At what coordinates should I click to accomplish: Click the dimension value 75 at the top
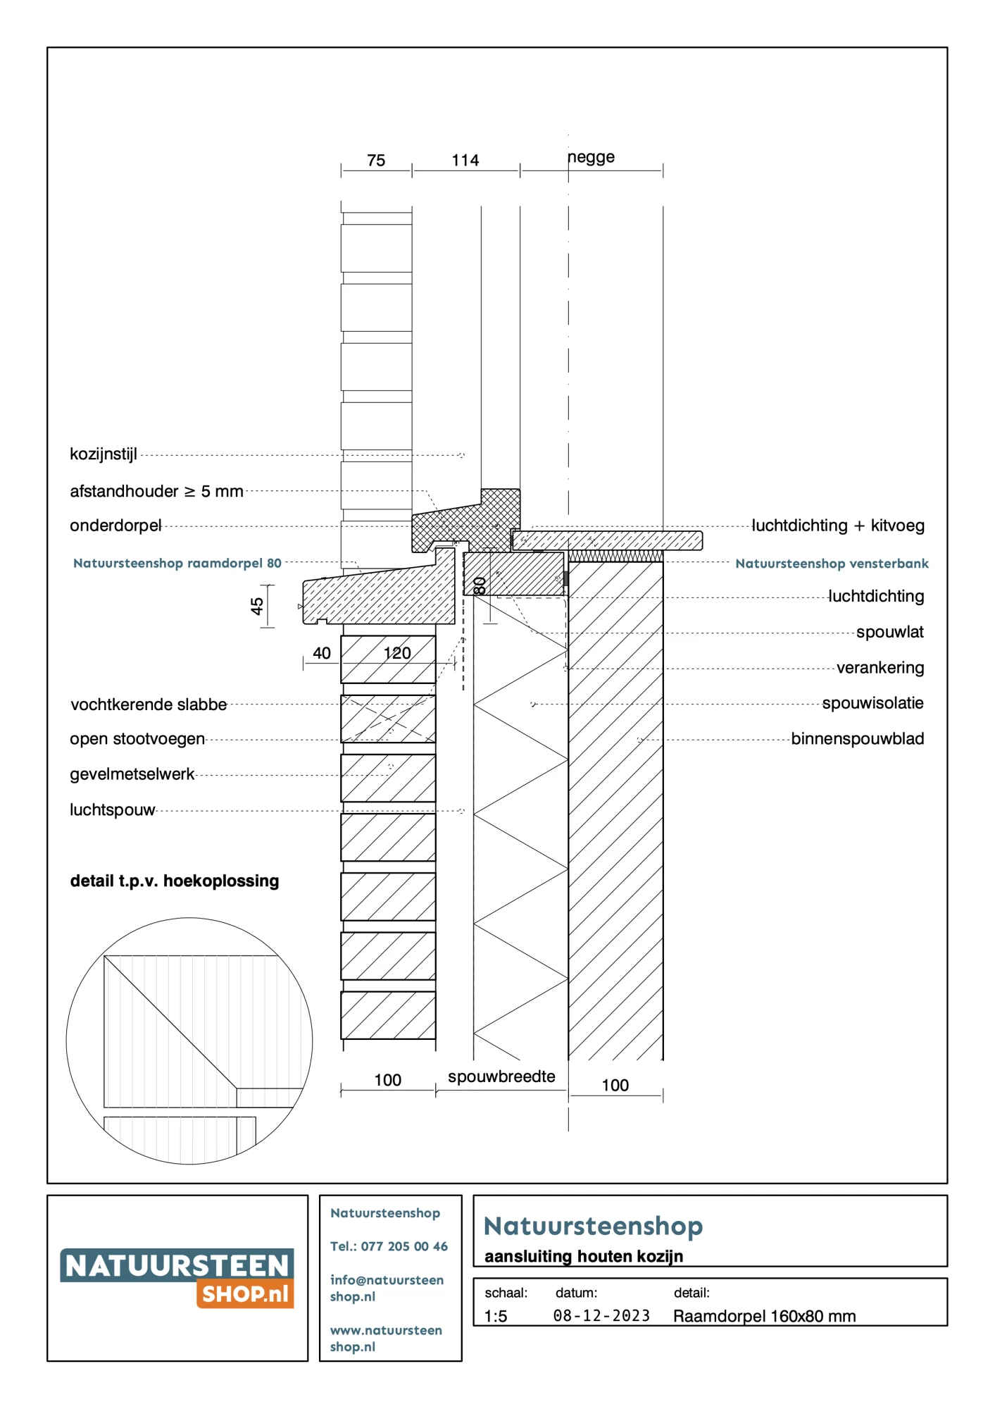(x=376, y=161)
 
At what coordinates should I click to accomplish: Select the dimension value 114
(x=465, y=161)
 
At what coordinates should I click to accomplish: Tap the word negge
(x=592, y=157)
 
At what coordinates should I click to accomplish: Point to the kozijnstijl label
(x=104, y=454)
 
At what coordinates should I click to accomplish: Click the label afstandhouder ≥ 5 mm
(x=156, y=491)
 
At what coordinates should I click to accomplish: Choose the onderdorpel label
(x=115, y=526)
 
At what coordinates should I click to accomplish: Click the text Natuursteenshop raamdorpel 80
(x=177, y=563)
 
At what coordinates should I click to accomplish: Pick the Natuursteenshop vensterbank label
(x=832, y=564)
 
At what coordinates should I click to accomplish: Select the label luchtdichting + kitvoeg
(x=838, y=526)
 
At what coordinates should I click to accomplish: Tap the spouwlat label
(x=889, y=632)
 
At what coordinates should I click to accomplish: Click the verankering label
(x=880, y=668)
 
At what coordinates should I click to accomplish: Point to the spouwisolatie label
(x=872, y=703)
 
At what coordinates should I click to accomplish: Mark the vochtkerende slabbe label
(x=149, y=704)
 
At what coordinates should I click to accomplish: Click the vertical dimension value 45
(x=257, y=606)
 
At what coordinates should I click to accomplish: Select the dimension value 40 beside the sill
(x=322, y=653)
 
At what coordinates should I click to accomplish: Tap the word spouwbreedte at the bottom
(x=501, y=1076)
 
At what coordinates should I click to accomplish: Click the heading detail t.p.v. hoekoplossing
(x=175, y=881)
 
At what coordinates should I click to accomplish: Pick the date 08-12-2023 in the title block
(x=601, y=1316)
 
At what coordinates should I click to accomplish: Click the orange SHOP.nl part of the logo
(x=245, y=1294)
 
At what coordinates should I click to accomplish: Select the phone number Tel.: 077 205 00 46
(x=389, y=1246)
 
